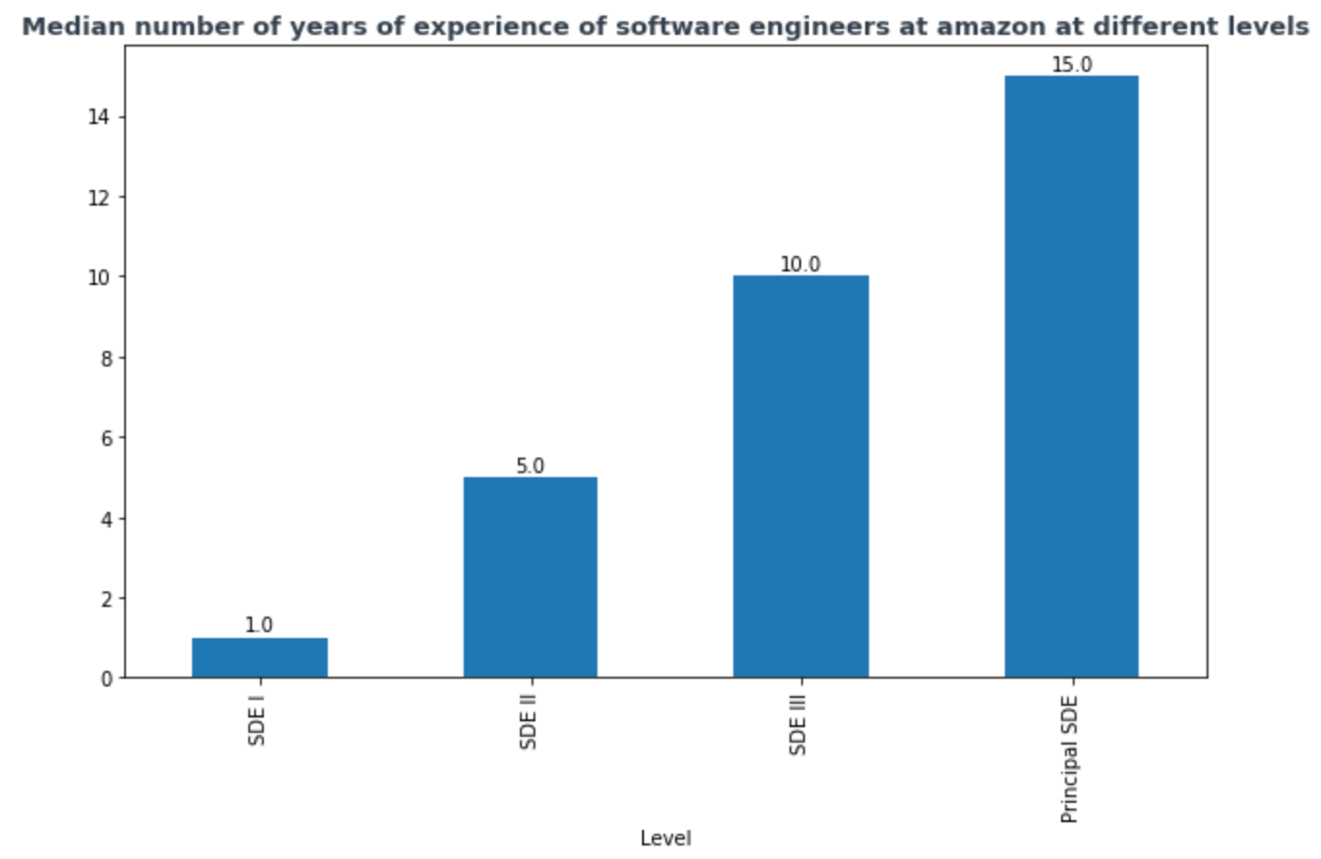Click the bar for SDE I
coord(259,657)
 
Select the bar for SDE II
coord(530,577)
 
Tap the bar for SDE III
coord(800,476)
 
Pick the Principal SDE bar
coord(1071,376)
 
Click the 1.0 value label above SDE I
coord(259,625)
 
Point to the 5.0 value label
coord(530,465)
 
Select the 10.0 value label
coord(800,265)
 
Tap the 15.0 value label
coord(1072,65)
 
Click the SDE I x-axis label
coord(257,718)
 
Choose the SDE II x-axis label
coord(529,722)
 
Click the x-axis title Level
coord(665,839)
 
